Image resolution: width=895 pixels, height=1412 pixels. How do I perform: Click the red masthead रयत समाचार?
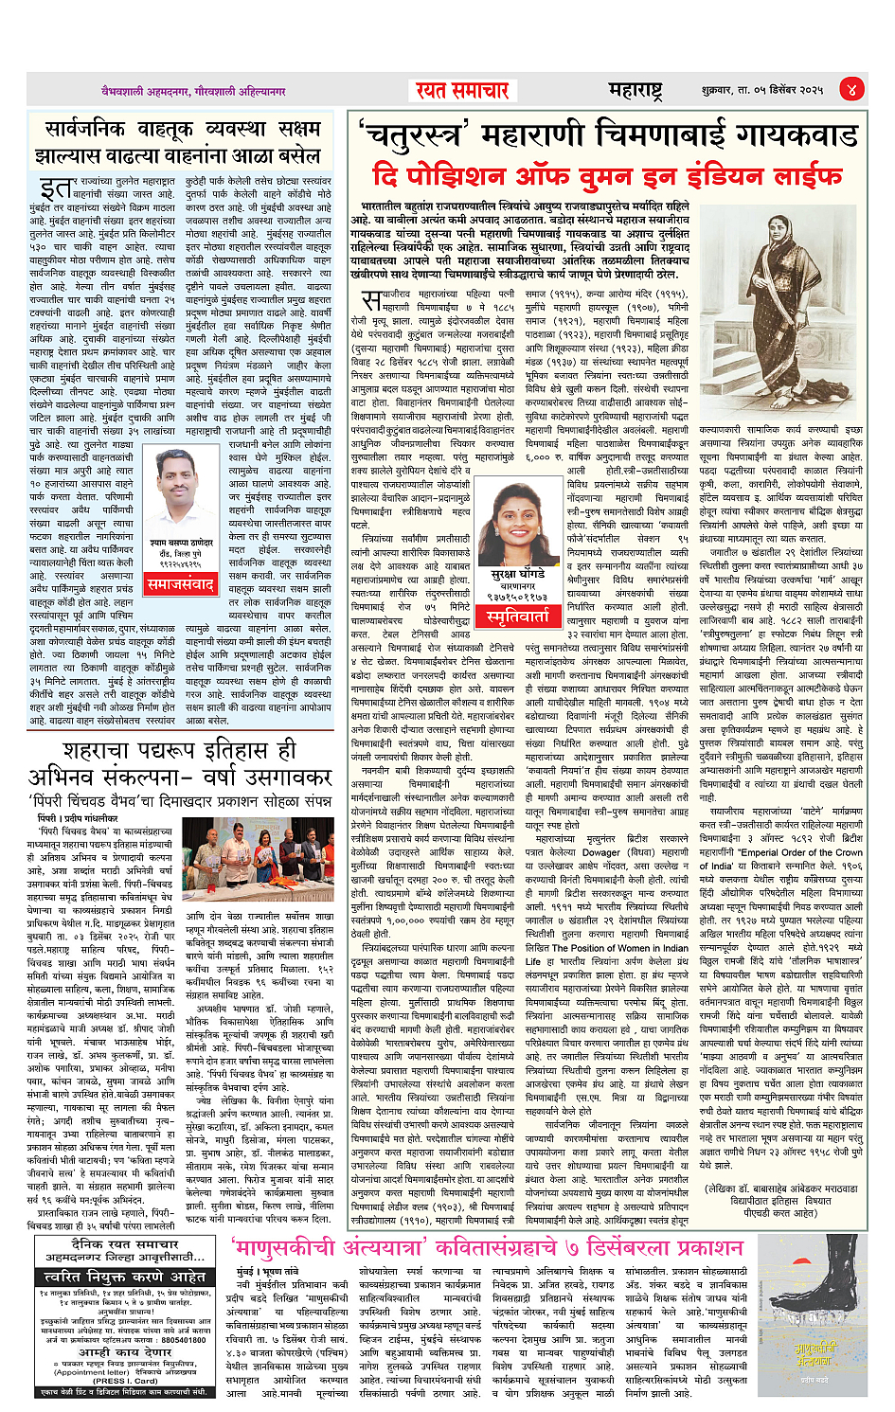[x=463, y=90]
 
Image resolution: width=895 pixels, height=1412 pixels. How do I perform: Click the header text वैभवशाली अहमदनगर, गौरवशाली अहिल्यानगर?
[x=194, y=92]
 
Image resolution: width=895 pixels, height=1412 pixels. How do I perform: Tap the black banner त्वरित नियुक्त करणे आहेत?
[x=124, y=1276]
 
